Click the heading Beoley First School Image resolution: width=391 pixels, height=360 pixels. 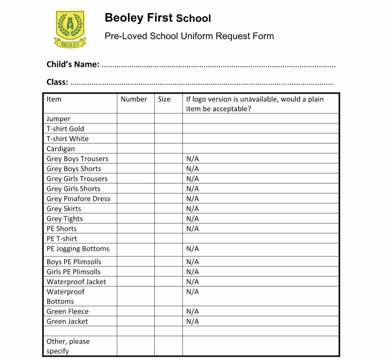click(x=158, y=18)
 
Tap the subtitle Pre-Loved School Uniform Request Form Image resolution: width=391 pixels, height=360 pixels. click(x=189, y=36)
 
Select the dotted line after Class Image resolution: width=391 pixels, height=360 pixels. click(x=202, y=83)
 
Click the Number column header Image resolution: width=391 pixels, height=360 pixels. click(x=134, y=99)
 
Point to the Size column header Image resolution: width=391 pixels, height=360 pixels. click(x=164, y=99)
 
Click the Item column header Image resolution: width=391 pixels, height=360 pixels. click(x=54, y=99)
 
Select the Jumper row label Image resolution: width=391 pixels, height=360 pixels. click(x=58, y=119)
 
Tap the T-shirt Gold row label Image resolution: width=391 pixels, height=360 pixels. click(x=65, y=129)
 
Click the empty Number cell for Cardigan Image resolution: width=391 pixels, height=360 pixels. click(x=136, y=149)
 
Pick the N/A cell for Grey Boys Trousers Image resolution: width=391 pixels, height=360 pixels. click(x=192, y=159)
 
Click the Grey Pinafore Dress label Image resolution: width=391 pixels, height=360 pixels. click(x=78, y=199)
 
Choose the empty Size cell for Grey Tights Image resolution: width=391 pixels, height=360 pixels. click(x=168, y=219)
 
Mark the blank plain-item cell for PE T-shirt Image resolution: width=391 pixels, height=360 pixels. click(x=260, y=239)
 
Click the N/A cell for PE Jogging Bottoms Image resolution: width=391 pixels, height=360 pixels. click(x=192, y=249)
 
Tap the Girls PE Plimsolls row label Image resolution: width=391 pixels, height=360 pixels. click(x=74, y=272)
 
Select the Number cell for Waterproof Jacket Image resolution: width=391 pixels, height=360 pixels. click(x=136, y=282)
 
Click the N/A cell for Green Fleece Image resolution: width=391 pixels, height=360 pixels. click(x=192, y=311)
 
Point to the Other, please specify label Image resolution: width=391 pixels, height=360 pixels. click(x=68, y=346)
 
